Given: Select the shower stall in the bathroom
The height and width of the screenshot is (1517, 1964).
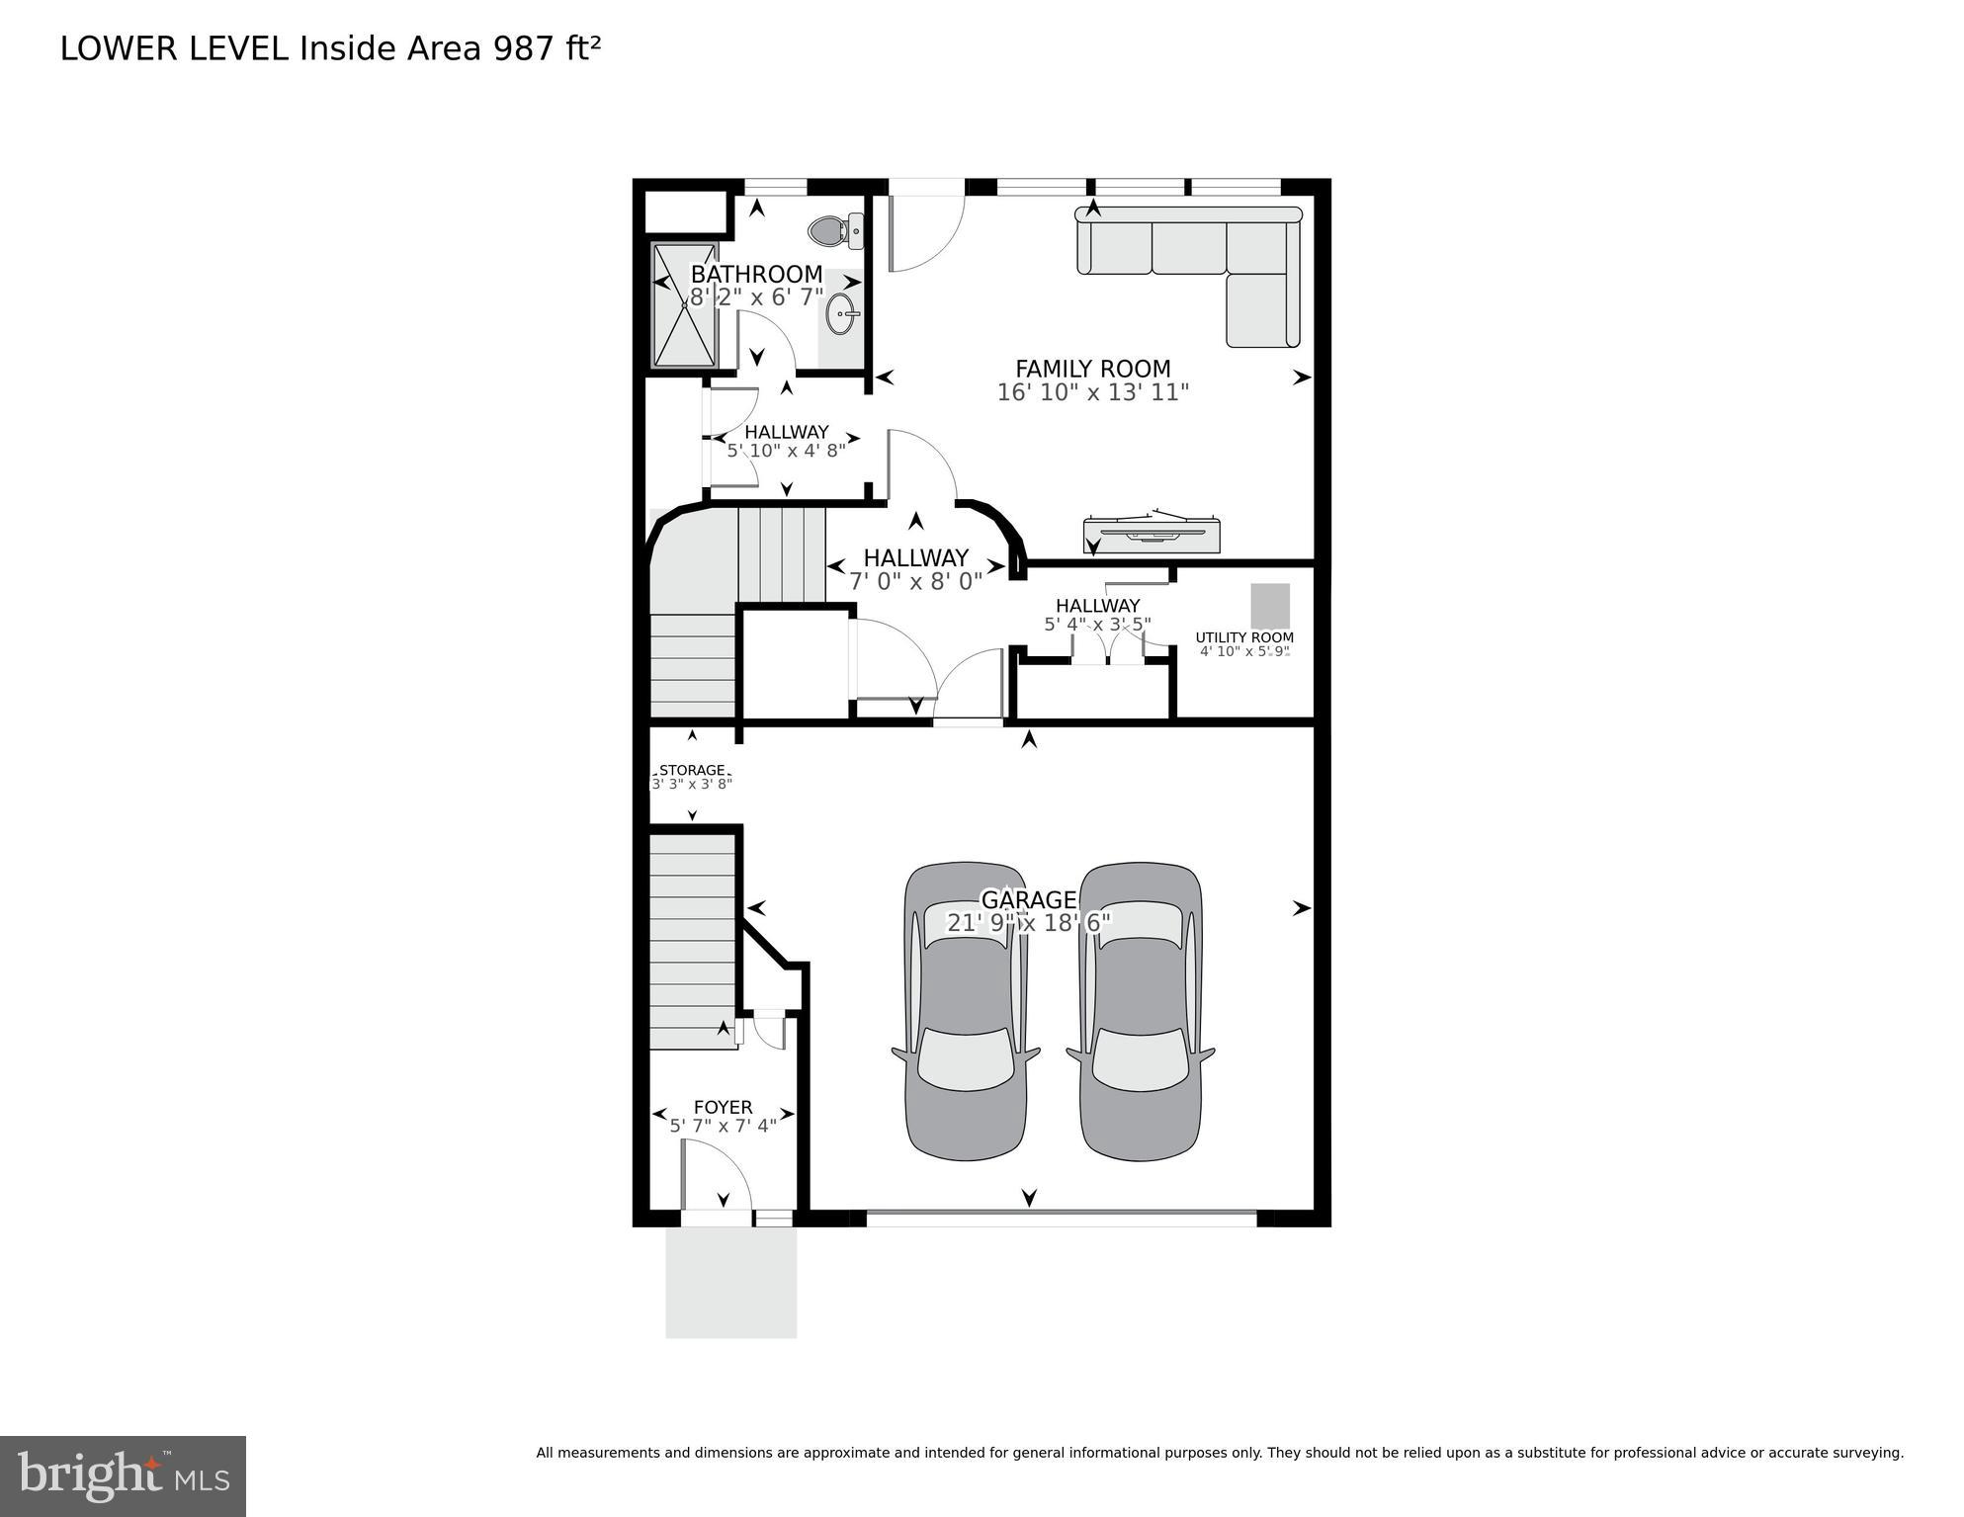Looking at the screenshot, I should [685, 305].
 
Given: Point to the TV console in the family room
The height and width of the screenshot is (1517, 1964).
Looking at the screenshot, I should [1153, 535].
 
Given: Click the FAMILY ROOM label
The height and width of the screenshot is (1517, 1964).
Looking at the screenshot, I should [1092, 369].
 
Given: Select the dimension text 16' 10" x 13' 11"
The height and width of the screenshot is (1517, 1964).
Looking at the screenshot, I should [1092, 392].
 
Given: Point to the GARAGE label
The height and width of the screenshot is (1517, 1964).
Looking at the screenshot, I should [1028, 899].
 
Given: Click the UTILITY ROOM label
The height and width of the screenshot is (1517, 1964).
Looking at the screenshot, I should [1244, 637].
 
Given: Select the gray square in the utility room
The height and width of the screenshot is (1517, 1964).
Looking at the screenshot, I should [1270, 606].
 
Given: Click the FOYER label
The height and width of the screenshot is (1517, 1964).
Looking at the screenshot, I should [723, 1107].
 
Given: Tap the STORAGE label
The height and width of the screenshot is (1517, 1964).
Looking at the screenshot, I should [692, 770].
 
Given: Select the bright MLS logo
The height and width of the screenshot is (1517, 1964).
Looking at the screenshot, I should [123, 1476].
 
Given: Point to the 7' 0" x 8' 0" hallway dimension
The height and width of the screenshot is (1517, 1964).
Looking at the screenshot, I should [915, 581].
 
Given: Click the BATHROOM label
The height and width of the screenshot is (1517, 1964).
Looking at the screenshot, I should [756, 274].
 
